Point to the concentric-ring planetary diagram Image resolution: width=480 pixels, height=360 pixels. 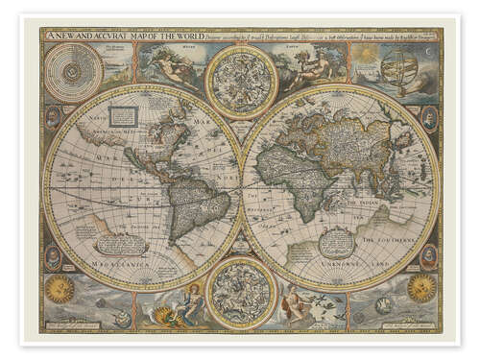[73, 72]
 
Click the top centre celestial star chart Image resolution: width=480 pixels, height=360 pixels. [241, 82]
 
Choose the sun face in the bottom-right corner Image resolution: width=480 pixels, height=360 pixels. [420, 286]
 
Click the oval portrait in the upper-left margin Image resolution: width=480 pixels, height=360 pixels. [51, 119]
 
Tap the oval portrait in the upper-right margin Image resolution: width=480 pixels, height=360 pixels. [429, 117]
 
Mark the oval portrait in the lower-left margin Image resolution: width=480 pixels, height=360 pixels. [52, 255]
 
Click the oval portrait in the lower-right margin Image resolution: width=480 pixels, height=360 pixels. [428, 254]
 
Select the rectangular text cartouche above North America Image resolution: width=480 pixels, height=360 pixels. [124, 116]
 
